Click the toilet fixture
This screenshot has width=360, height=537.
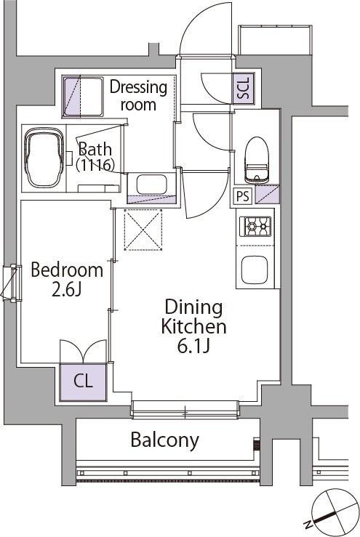click(257, 161)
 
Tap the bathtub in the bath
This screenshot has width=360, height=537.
click(44, 158)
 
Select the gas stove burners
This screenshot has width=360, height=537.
click(255, 227)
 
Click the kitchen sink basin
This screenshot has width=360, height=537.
click(255, 270)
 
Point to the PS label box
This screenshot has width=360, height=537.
click(243, 196)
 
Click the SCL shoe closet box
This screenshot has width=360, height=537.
click(244, 88)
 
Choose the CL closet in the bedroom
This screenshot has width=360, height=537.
click(83, 382)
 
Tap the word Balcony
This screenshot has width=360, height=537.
click(164, 440)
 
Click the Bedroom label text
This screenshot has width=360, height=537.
click(67, 270)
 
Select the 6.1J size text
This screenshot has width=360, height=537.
click(193, 346)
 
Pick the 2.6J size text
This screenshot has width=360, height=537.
click(66, 290)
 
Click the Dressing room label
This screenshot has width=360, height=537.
click(138, 95)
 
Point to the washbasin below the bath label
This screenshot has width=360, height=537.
click(151, 185)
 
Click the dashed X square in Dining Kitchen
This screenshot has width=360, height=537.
click(143, 230)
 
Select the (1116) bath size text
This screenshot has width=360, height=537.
click(95, 166)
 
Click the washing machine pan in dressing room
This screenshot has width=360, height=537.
click(83, 97)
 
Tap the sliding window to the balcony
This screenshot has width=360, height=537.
click(185, 409)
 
